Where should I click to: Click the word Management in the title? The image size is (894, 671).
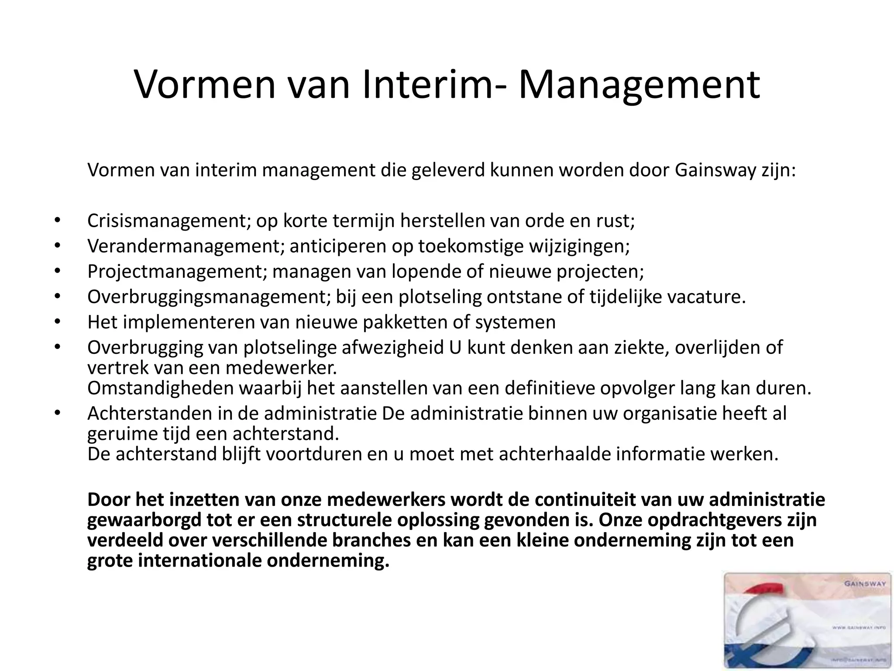(639, 86)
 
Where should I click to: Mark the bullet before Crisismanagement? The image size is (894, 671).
(57, 221)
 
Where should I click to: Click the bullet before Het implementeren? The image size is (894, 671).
(57, 322)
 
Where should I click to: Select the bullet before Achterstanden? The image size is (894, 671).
(57, 413)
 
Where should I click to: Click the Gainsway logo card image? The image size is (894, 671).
(808, 621)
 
